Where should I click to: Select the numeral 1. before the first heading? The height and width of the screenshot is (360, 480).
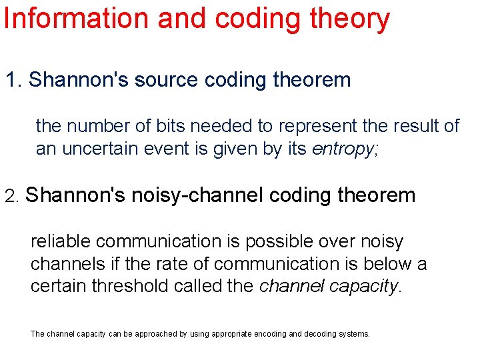(13, 80)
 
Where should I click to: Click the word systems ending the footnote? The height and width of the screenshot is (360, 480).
(355, 333)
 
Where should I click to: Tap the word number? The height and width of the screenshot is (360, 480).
(89, 125)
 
